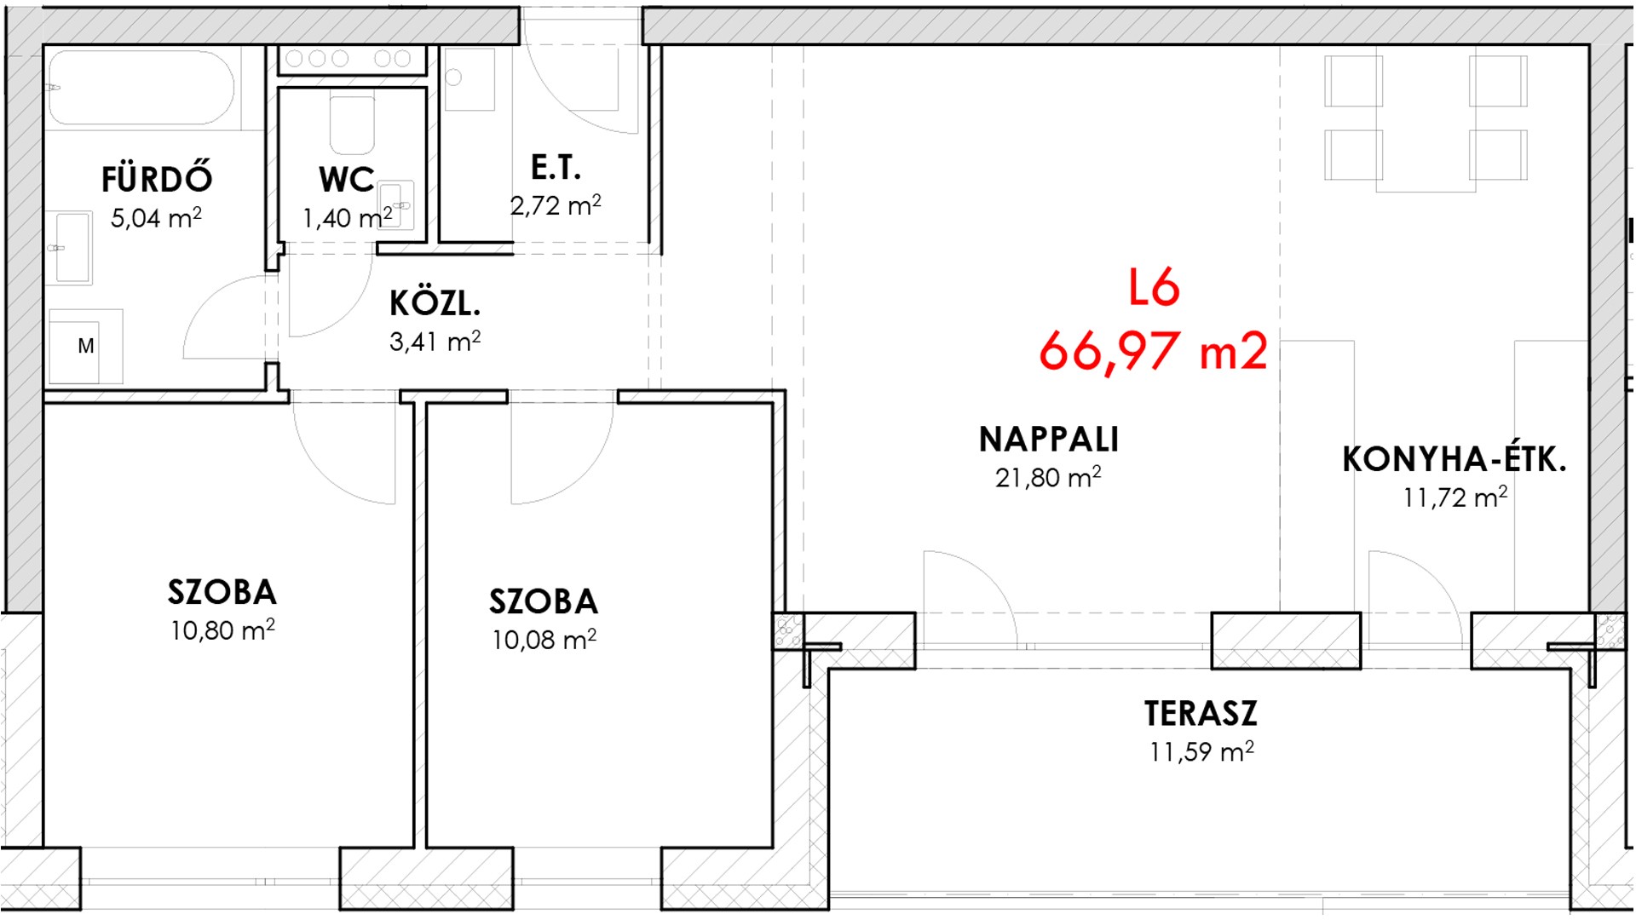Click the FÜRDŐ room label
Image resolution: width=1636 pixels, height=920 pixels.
pyautogui.click(x=157, y=179)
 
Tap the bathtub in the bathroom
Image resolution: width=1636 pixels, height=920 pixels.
pyautogui.click(x=140, y=87)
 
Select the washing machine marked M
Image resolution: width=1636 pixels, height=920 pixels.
pyautogui.click(x=85, y=346)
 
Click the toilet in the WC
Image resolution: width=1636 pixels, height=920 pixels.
pyautogui.click(x=352, y=124)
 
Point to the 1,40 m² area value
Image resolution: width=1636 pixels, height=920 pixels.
pyautogui.click(x=348, y=218)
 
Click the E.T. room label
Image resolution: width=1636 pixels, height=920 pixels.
pyautogui.click(x=556, y=168)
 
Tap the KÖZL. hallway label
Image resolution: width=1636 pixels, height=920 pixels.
pyautogui.click(x=435, y=303)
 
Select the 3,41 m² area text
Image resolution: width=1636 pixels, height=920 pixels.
pyautogui.click(x=435, y=342)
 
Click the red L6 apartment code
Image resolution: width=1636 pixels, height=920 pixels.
pyautogui.click(x=1154, y=287)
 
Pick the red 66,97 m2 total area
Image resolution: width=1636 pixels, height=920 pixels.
pyautogui.click(x=1154, y=350)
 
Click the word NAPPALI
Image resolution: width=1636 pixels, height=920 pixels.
pyautogui.click(x=1049, y=440)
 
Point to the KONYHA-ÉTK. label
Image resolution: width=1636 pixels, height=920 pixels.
pyautogui.click(x=1455, y=459)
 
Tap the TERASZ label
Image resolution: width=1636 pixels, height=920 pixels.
pyautogui.click(x=1201, y=714)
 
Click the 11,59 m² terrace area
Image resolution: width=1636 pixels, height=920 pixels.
pyautogui.click(x=1201, y=752)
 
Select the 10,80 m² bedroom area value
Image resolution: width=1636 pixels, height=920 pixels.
pyautogui.click(x=222, y=630)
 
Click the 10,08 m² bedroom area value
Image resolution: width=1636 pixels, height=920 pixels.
pyautogui.click(x=544, y=640)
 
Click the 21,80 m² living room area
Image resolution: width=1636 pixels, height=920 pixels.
pyautogui.click(x=1048, y=477)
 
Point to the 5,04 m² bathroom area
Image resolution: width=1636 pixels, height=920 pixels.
pyautogui.click(x=156, y=218)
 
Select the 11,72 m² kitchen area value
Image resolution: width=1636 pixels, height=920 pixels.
pyautogui.click(x=1455, y=497)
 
